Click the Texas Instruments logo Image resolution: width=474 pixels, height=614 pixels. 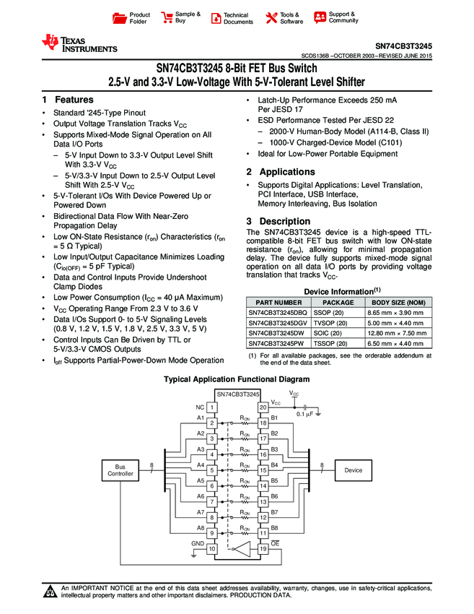click(x=79, y=43)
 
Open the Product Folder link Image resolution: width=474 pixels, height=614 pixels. click(x=133, y=18)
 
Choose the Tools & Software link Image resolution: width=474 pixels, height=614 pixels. click(x=284, y=18)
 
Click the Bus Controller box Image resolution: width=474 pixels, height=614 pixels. click(x=120, y=470)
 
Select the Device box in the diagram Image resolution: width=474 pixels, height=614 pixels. click(x=353, y=470)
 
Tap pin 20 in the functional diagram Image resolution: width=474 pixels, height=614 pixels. click(x=263, y=408)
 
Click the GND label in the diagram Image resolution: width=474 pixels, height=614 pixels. click(x=197, y=542)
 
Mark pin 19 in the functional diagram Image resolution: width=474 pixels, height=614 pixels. click(x=263, y=549)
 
